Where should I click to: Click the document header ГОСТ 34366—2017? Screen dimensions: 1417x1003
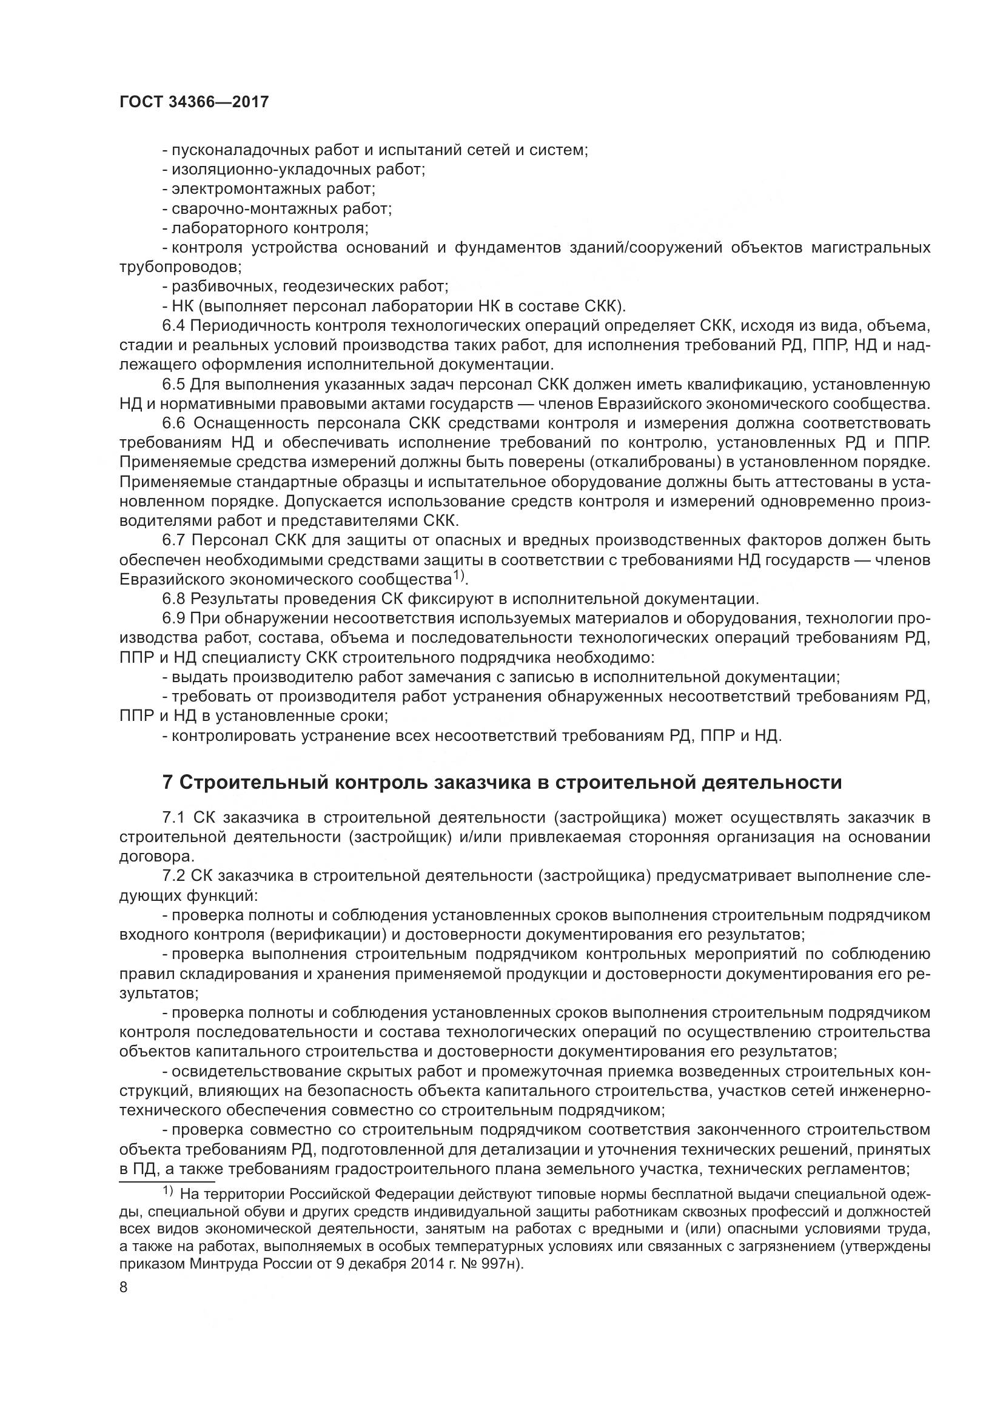[x=194, y=102]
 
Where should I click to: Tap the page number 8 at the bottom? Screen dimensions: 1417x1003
[x=124, y=1287]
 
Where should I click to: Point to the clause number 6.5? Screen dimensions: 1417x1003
[x=173, y=385]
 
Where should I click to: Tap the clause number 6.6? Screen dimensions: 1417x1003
[x=173, y=423]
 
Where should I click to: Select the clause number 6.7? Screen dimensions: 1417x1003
[x=173, y=540]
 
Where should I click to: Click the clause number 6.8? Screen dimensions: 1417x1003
[x=173, y=599]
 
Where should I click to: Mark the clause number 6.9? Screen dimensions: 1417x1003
[x=173, y=619]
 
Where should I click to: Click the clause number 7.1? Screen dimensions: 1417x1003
[x=173, y=818]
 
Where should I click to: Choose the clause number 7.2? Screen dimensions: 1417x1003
[x=173, y=876]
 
